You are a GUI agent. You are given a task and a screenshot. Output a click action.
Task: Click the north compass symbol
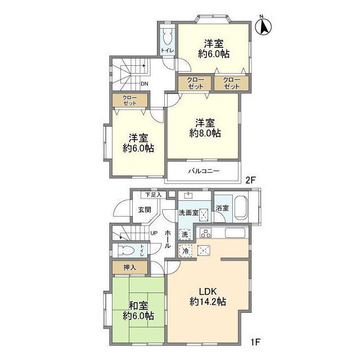(x=263, y=26)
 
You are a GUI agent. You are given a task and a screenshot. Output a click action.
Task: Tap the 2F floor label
(x=250, y=180)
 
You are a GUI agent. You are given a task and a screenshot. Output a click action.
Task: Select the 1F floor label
(x=255, y=342)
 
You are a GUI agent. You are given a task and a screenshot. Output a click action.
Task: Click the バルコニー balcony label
(x=204, y=171)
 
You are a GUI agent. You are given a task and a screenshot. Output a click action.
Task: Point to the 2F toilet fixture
(x=167, y=37)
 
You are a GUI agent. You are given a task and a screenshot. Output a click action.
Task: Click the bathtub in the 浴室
(x=241, y=208)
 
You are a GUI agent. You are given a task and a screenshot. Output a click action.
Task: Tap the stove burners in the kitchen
(x=205, y=233)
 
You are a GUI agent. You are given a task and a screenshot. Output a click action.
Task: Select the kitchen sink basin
(x=235, y=233)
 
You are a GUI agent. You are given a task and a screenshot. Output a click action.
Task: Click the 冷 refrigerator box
(x=185, y=251)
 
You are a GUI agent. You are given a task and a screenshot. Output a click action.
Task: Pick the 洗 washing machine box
(x=185, y=235)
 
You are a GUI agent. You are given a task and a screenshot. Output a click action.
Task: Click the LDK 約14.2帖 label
(x=208, y=296)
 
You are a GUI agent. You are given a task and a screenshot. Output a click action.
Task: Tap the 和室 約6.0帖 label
(x=138, y=311)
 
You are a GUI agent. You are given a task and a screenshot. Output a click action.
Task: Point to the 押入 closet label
(x=130, y=268)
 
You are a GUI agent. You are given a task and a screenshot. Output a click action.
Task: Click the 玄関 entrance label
(x=145, y=210)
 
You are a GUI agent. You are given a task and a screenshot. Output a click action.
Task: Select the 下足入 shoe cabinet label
(x=154, y=195)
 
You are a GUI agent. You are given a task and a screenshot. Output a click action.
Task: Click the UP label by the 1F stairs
(x=154, y=233)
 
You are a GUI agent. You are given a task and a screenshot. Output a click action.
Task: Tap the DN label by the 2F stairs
(x=145, y=84)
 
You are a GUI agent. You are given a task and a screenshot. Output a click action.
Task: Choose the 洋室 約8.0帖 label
(x=205, y=128)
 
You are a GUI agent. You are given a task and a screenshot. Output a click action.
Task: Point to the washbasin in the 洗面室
(x=188, y=195)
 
